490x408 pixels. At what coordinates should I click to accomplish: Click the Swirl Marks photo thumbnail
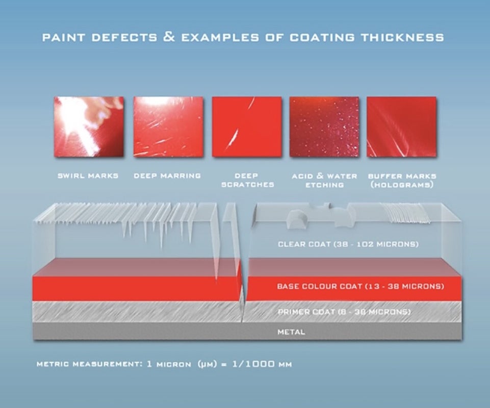pos(89,126)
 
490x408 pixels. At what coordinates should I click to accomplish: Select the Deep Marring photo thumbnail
pos(168,126)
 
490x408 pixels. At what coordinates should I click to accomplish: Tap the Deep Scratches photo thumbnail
pos(247,126)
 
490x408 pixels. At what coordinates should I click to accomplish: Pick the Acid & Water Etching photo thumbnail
pos(324,126)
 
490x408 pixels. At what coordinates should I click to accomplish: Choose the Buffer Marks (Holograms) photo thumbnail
pos(402,126)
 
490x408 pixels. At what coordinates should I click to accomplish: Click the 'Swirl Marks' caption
pos(88,176)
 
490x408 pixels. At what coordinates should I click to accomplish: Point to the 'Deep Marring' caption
pos(168,176)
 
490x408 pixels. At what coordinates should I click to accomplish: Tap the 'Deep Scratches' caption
pos(247,180)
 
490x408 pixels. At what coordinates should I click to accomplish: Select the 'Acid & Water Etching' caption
pos(324,181)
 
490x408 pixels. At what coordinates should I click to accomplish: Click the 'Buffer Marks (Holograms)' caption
pos(402,181)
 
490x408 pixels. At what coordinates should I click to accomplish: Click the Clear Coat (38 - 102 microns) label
pos(348,244)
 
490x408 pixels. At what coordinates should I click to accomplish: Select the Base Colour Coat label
pos(360,286)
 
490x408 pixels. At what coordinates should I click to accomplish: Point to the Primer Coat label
pos(344,312)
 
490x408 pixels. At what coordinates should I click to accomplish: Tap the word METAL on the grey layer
pos(291,332)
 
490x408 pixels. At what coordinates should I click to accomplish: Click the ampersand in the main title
pos(169,37)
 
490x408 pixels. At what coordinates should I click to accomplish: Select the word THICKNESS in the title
pos(402,38)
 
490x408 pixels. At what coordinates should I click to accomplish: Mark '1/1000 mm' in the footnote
pos(262,364)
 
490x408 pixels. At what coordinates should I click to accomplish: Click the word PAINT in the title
pos(63,38)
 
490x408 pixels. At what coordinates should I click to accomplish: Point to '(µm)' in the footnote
pos(207,364)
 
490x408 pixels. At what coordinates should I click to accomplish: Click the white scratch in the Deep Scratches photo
pos(234,137)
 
